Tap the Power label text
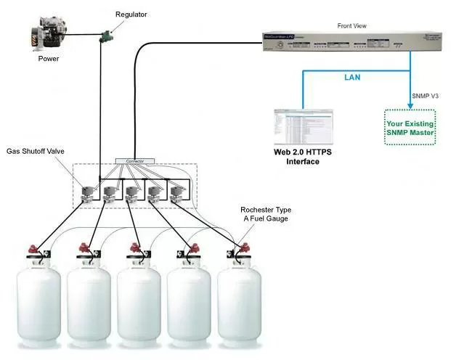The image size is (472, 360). point(49,59)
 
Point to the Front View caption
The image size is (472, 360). point(352,26)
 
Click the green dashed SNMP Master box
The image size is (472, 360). point(410,127)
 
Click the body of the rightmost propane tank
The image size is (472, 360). point(240,305)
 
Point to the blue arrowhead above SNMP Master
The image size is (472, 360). point(410,104)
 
